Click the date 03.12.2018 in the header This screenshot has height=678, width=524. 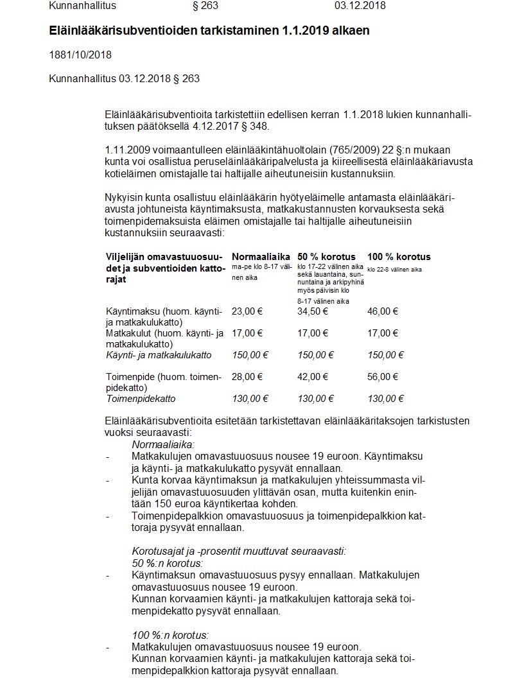(360, 6)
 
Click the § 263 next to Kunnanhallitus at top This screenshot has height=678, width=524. (205, 6)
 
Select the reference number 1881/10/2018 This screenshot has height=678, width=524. (80, 55)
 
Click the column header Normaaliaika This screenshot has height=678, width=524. (261, 257)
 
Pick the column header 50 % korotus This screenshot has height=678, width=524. (326, 257)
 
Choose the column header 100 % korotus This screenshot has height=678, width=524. (399, 257)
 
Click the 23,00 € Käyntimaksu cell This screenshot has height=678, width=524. (247, 311)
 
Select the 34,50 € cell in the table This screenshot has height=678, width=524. (313, 311)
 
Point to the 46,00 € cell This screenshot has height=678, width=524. (383, 311)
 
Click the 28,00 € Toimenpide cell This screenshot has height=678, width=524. (247, 378)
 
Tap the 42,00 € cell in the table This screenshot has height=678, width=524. (313, 378)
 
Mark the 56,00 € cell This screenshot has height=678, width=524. (383, 378)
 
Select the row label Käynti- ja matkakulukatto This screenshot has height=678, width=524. (158, 355)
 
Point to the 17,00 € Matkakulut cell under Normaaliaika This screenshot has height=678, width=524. (247, 333)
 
